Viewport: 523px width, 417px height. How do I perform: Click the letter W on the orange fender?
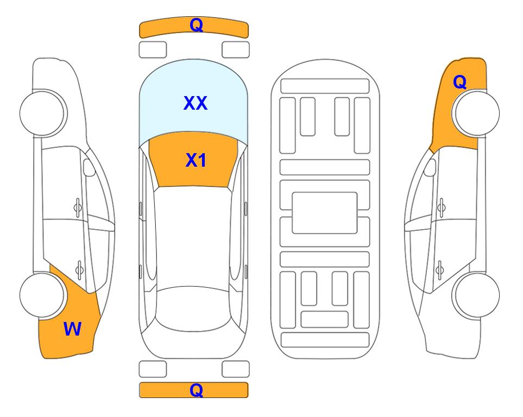(72, 329)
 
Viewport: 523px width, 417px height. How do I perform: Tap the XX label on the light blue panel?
(196, 103)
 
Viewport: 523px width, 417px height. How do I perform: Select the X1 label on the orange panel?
(196, 160)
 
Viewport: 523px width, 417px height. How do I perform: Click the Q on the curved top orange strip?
(196, 24)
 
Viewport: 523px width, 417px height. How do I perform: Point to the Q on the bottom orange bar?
(196, 390)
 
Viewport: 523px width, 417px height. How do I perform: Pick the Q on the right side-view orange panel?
(459, 82)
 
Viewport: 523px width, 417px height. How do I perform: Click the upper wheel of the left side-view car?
(43, 113)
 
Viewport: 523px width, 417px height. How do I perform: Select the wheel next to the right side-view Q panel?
(476, 113)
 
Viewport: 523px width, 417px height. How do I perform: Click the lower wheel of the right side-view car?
(476, 295)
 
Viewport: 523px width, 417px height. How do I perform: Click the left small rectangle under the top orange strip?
(153, 50)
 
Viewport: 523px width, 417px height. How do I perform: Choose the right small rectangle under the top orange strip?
(236, 50)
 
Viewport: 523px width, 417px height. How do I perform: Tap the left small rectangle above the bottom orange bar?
(153, 369)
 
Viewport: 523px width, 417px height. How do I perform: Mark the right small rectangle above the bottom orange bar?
(236, 369)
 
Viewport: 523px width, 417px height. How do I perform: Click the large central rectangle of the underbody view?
(325, 213)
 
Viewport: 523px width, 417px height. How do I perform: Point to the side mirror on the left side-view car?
(89, 167)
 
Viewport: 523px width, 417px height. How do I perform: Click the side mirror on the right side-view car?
(430, 167)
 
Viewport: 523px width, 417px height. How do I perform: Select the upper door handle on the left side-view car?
(78, 208)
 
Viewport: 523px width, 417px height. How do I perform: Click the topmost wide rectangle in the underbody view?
(325, 86)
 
